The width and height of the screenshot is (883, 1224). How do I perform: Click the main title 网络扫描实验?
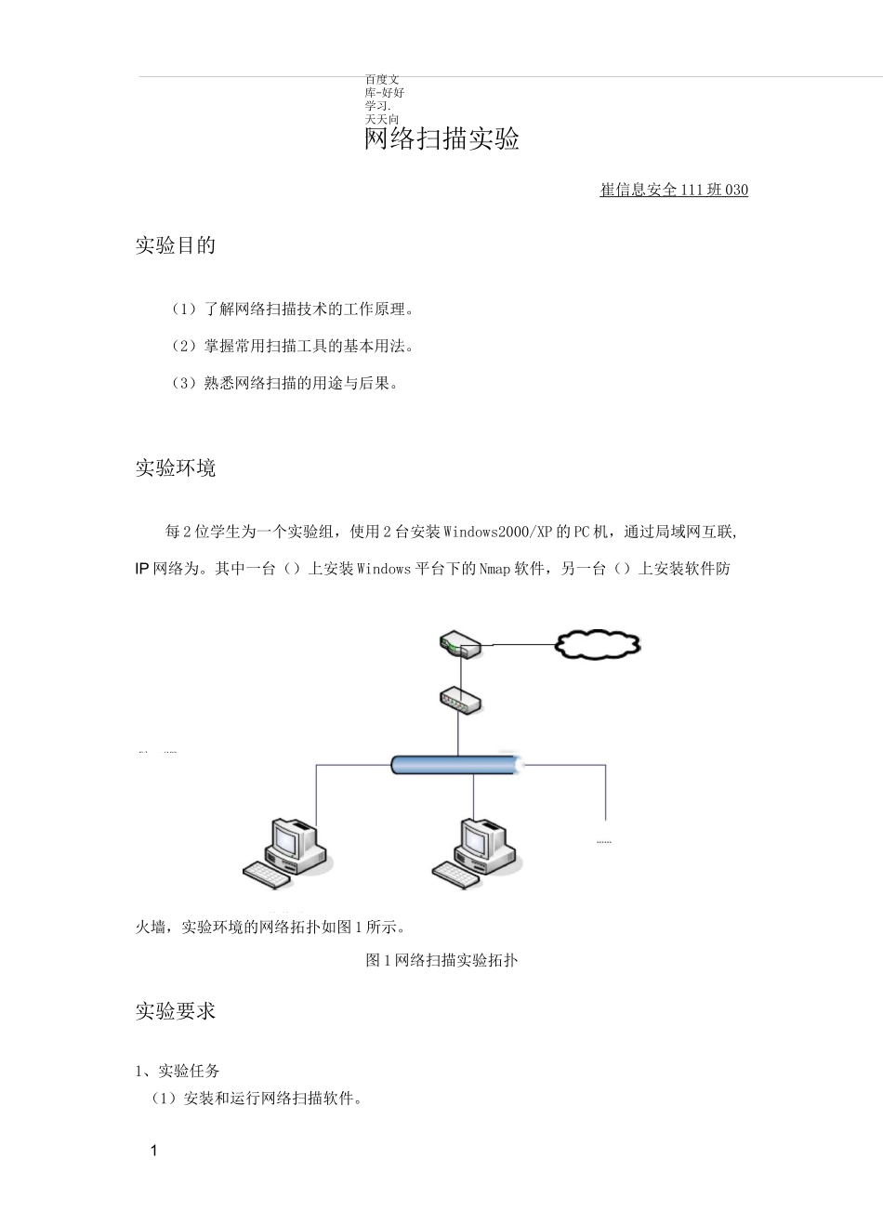point(441,139)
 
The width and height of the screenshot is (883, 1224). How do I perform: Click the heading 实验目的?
point(176,245)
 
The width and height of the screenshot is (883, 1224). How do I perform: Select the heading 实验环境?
point(176,467)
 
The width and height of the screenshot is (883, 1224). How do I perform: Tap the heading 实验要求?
point(176,1011)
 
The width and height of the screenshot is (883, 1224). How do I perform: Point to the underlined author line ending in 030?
point(674,190)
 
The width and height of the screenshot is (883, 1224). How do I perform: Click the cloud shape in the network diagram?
point(598,644)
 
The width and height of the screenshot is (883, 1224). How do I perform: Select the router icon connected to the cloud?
point(459,643)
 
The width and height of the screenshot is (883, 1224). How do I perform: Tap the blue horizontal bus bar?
point(455,765)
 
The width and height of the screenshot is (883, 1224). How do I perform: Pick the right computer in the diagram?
point(477,852)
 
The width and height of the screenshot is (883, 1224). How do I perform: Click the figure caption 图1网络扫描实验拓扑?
point(441,960)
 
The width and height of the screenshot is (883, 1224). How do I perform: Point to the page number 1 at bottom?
point(154,1151)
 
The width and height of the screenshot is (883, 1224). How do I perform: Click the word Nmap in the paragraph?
point(494,569)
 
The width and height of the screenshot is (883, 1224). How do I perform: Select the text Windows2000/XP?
point(497,532)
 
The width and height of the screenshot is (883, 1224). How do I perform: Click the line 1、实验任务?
point(178,1071)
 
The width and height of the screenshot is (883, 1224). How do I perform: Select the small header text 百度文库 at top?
point(383,86)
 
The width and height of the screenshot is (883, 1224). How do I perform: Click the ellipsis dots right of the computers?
point(604,841)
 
